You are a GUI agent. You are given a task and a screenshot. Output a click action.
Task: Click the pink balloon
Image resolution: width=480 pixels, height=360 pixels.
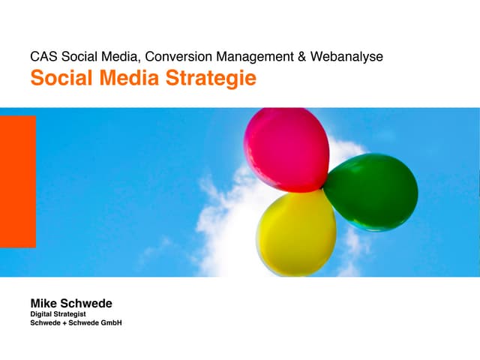point(286,149)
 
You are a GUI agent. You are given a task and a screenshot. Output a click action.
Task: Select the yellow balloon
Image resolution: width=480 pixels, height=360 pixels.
point(296,233)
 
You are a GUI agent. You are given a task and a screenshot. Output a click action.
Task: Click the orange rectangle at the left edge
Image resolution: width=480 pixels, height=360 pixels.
point(17,181)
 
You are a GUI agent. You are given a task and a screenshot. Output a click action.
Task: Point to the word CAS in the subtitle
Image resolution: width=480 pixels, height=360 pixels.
point(43,56)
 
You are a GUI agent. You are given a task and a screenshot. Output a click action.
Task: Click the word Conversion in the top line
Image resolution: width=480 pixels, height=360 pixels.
point(178,56)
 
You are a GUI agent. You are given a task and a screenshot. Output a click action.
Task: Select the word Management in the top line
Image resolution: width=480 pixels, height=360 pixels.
point(262,56)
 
